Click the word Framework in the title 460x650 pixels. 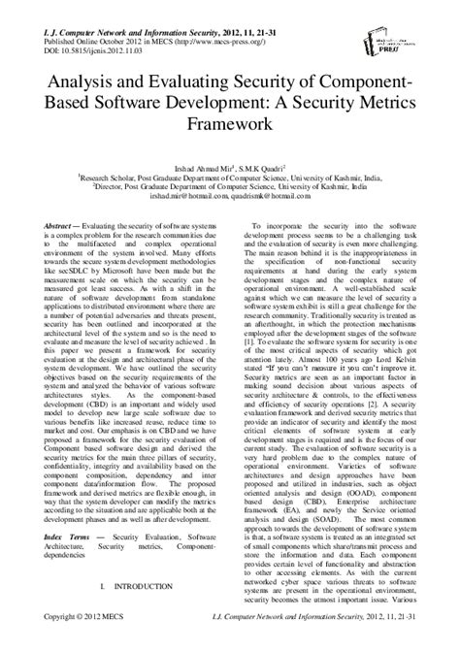click(229, 125)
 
